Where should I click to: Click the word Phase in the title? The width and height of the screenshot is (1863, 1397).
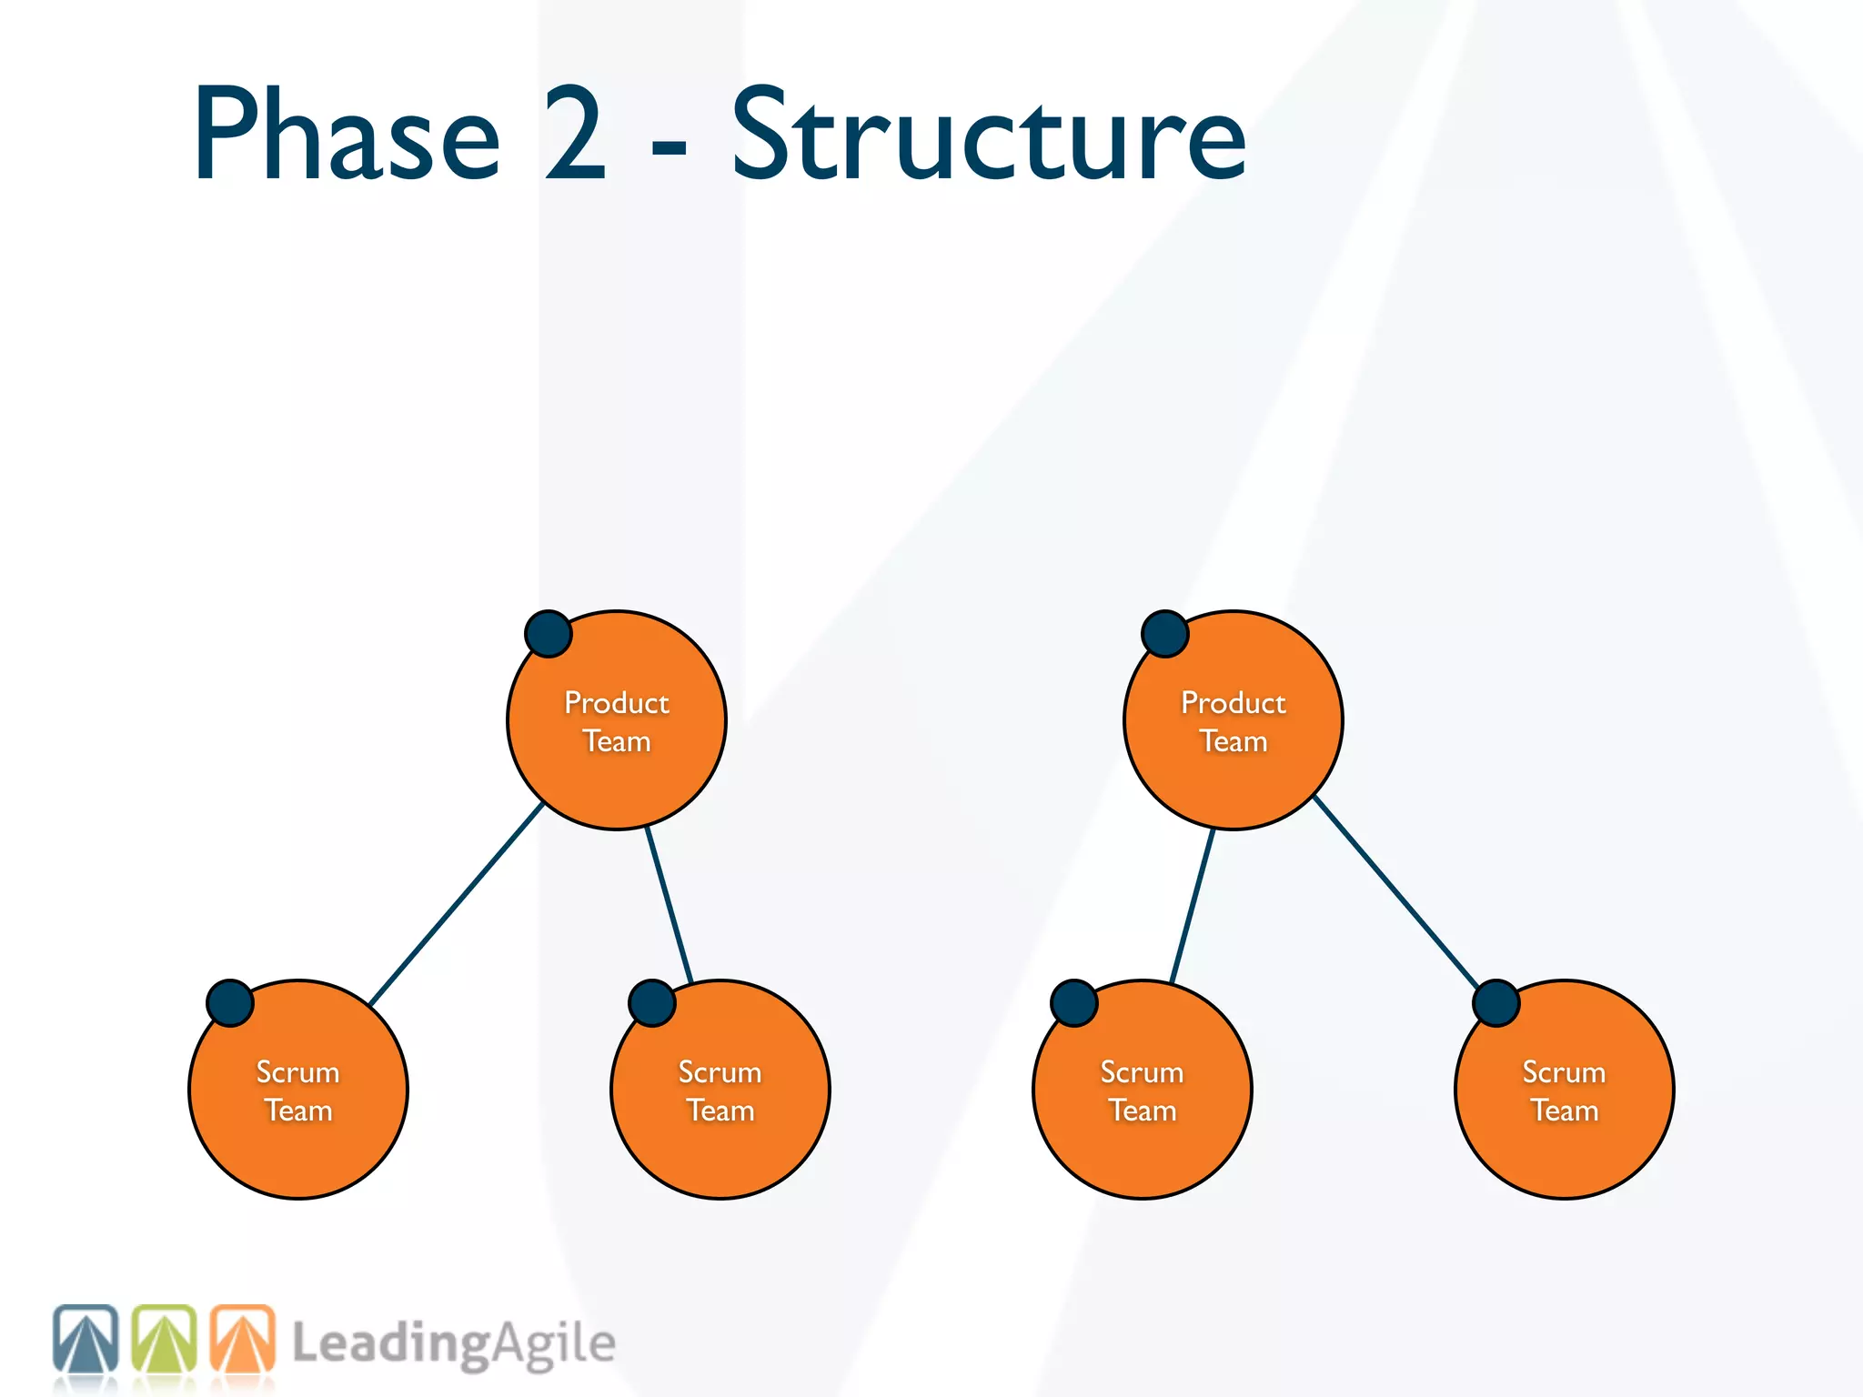[347, 135]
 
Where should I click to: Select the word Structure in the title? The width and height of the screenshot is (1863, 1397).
[989, 135]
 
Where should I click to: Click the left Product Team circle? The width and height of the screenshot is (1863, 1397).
[617, 720]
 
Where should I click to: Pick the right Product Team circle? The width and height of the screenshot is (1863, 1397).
[1233, 720]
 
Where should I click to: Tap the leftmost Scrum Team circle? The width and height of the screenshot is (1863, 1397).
[298, 1090]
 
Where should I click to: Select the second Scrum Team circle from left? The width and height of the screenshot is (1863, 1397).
[720, 1090]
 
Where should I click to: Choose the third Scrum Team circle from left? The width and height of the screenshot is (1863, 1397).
[1142, 1090]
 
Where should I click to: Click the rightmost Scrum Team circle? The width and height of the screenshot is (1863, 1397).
[1564, 1090]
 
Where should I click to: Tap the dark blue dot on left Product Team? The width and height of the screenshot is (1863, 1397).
[549, 634]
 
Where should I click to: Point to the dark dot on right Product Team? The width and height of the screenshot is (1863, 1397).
[1165, 634]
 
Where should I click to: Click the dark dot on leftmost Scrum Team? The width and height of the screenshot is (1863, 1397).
[230, 1003]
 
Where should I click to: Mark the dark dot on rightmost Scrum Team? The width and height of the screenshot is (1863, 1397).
[1496, 1003]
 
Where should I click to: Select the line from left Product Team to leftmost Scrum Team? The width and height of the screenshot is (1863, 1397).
[457, 903]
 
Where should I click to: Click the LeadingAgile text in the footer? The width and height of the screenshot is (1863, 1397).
[453, 1344]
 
